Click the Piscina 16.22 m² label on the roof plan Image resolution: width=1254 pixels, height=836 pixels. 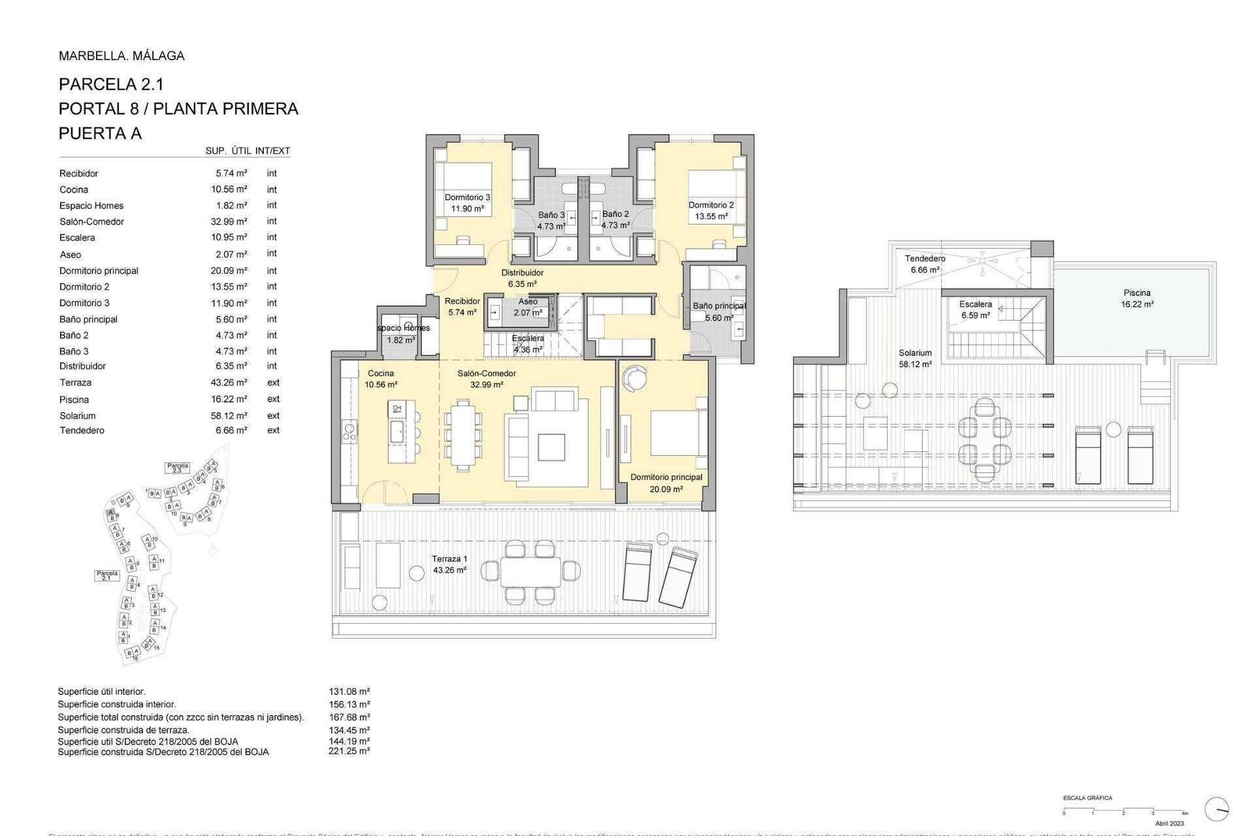pos(1137,298)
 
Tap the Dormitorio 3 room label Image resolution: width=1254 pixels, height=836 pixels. pos(467,197)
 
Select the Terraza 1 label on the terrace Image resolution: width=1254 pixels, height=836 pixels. pos(449,559)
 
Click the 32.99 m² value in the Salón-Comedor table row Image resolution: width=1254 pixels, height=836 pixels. pos(229,221)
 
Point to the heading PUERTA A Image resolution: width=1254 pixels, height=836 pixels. pos(100,133)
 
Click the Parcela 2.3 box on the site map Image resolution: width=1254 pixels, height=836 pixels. pos(178,468)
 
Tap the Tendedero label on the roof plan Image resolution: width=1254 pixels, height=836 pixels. pos(925,259)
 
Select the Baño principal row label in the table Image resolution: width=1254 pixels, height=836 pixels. pos(88,319)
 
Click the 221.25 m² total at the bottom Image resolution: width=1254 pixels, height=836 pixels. pos(349,751)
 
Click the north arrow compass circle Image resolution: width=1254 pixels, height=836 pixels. pos(1216,809)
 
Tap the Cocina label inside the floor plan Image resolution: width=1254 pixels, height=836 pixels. pos(381,374)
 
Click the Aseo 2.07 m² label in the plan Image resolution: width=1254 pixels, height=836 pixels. pos(528,307)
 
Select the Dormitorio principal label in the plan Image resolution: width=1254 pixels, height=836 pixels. pos(666,477)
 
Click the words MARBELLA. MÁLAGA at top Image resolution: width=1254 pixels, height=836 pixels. pos(121,56)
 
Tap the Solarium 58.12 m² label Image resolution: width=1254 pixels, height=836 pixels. pos(915,359)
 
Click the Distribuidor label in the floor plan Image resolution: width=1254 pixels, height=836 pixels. pos(522,273)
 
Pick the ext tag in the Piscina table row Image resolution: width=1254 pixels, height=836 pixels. pos(273,399)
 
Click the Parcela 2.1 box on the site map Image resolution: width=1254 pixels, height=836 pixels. pos(107,575)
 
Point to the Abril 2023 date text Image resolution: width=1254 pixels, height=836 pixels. pos(1169,824)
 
